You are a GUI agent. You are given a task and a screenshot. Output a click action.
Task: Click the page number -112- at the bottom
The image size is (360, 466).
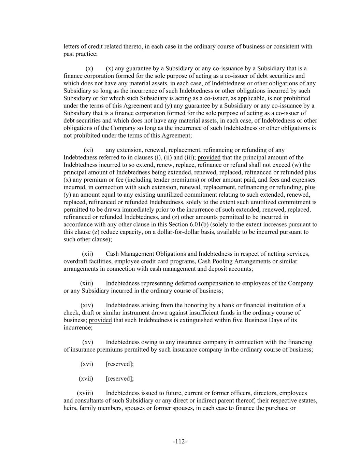point(180,441)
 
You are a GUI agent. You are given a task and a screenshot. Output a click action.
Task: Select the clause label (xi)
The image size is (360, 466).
point(88,150)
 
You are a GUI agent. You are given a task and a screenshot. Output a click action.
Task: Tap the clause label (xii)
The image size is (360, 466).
point(87,254)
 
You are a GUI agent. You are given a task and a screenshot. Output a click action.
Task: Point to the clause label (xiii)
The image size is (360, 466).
point(87,283)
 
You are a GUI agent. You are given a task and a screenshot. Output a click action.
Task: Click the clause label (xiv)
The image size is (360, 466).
point(87,305)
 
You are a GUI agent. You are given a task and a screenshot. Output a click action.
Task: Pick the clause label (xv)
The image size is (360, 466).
point(87,342)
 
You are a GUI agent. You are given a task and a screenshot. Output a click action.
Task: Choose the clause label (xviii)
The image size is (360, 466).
point(85,393)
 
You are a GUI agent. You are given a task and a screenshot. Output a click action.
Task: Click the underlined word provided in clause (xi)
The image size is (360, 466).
point(209,157)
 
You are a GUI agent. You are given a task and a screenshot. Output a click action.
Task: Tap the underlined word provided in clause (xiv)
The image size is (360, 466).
point(100,320)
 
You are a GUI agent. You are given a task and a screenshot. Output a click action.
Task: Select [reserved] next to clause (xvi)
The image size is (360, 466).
point(120,364)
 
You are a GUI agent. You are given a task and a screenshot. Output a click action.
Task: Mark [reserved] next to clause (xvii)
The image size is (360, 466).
point(120,379)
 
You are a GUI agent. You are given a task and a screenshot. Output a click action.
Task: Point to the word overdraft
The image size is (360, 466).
point(75,261)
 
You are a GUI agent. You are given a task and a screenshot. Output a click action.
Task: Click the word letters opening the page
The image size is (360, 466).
point(72,46)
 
